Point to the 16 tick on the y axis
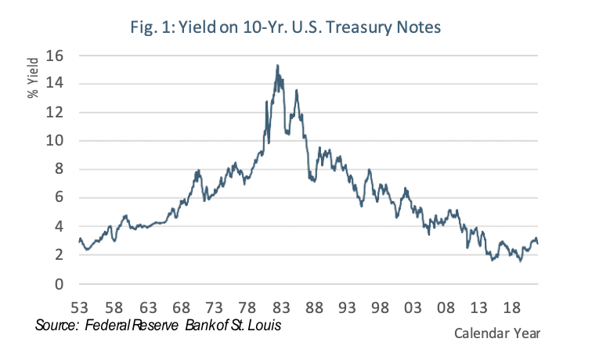point(56,56)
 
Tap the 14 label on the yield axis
point(56,85)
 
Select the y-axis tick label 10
point(56,142)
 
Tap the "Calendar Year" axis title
point(496,333)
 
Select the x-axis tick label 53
point(79,308)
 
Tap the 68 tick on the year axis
point(180,308)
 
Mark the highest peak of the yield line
point(277,66)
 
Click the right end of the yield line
point(538,243)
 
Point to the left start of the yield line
point(79,239)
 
